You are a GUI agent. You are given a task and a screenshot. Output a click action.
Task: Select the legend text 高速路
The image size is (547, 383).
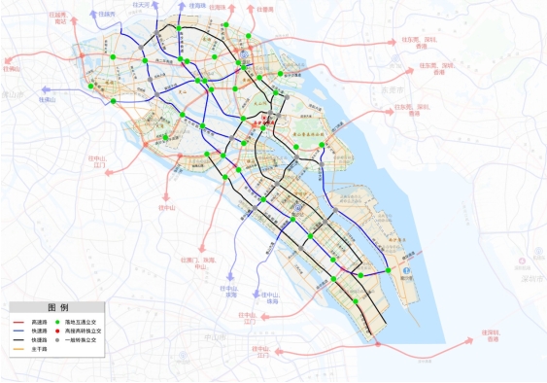(38, 322)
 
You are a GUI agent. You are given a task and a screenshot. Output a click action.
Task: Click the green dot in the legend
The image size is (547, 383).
(58, 322)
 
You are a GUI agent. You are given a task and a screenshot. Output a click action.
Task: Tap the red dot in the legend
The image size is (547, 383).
(58, 331)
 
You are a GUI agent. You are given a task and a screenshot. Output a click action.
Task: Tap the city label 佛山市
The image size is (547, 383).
(10, 94)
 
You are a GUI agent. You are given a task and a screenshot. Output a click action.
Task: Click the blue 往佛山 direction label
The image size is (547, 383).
(47, 98)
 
